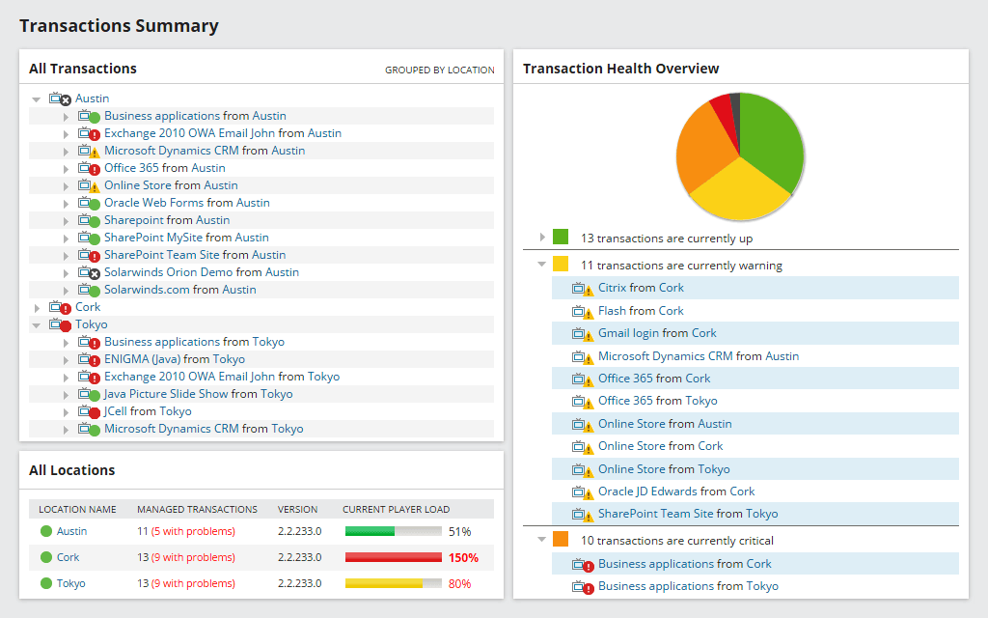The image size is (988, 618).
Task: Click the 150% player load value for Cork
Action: point(463,557)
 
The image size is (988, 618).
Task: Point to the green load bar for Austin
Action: point(370,531)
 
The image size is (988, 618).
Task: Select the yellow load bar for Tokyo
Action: point(383,583)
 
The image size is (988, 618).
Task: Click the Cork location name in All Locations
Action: point(68,557)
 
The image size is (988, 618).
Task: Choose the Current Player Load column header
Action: point(396,509)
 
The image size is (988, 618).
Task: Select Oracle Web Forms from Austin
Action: point(186,203)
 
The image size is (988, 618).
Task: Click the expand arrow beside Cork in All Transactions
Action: point(37,308)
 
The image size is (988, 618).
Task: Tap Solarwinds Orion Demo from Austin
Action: point(201,272)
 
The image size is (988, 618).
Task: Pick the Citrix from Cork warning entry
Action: point(641,288)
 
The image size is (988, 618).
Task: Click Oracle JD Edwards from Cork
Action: point(675,492)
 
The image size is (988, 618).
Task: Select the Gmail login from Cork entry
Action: point(657,333)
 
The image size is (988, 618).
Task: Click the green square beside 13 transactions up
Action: point(561,238)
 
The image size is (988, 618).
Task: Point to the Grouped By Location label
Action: point(439,70)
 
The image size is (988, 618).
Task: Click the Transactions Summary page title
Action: point(119,26)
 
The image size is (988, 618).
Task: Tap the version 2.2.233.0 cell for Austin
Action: point(299,531)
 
